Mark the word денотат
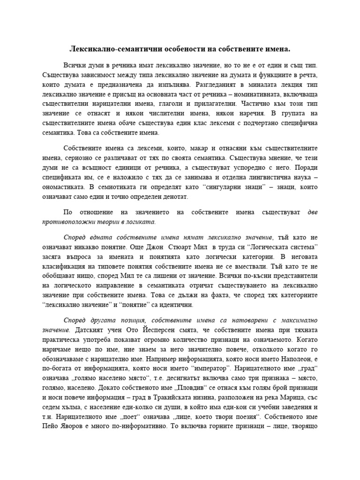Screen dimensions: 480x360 pos(173,196)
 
